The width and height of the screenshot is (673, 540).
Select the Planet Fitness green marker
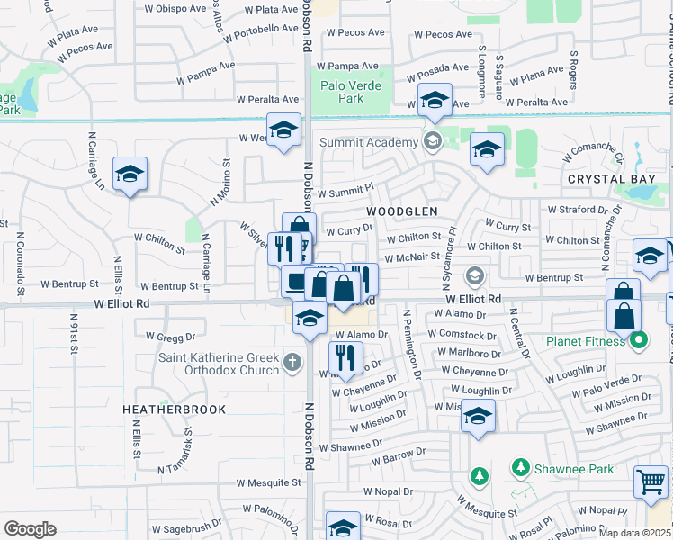[639, 340]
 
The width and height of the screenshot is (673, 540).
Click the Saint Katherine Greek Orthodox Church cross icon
[292, 363]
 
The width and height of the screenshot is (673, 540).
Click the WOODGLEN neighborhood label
[402, 211]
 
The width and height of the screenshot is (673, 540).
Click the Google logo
[30, 528]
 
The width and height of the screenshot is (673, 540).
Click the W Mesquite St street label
[269, 482]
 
